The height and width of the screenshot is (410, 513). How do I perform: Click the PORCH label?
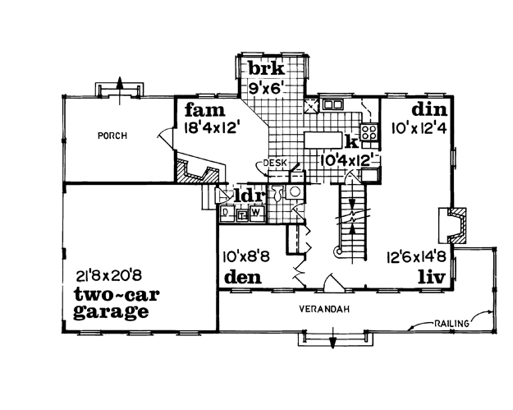tap(112, 136)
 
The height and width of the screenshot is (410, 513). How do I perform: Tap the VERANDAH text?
tap(324, 309)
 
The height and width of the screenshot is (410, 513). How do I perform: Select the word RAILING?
tap(451, 324)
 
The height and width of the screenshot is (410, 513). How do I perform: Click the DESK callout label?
tap(275, 163)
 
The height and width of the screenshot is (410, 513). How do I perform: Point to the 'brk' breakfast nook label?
tap(266, 69)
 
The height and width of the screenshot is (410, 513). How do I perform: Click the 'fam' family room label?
tap(205, 110)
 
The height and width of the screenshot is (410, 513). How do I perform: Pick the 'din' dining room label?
tap(429, 109)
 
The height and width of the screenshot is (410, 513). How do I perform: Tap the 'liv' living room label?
tap(433, 278)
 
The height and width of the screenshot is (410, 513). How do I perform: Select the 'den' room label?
tap(243, 277)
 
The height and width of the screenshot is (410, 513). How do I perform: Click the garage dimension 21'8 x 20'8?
tap(108, 276)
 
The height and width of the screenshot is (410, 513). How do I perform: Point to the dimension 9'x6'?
tap(265, 88)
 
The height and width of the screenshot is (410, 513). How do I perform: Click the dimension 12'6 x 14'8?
tap(416, 256)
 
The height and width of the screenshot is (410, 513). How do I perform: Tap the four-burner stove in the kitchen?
tap(369, 132)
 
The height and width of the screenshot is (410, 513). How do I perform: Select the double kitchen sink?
tap(332, 104)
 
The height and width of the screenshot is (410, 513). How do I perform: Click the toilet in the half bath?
tap(277, 192)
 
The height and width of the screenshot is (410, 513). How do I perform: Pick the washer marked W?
tap(256, 213)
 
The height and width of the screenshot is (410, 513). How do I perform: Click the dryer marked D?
tap(226, 213)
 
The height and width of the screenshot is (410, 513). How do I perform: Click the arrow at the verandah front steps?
tap(333, 338)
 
